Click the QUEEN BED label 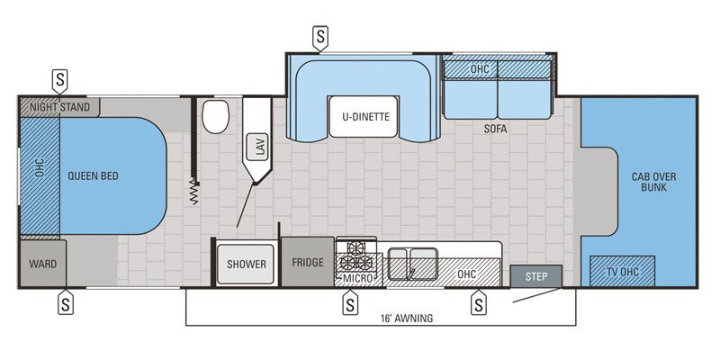[x=93, y=176]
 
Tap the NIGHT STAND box [x=59, y=107]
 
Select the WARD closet [x=42, y=264]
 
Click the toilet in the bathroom [x=216, y=116]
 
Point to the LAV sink [x=259, y=148]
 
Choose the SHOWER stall [x=246, y=264]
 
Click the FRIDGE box [x=308, y=263]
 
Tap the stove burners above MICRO [x=356, y=256]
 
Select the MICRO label [x=357, y=277]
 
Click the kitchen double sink [x=413, y=263]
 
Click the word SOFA [x=494, y=129]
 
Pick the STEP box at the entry [x=535, y=276]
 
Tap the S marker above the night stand [x=59, y=79]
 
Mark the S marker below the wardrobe [x=66, y=304]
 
